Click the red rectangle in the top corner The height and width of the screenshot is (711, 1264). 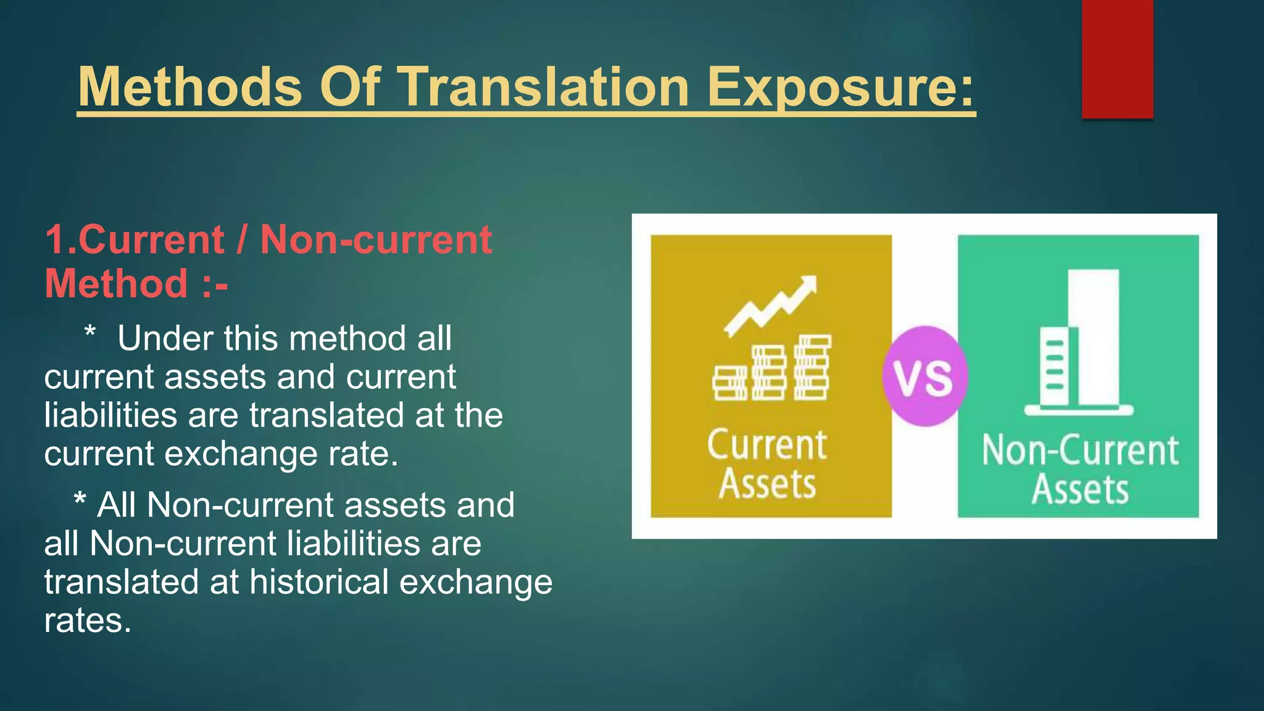[1117, 59]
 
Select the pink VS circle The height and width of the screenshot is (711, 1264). [924, 376]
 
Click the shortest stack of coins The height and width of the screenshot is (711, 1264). [730, 383]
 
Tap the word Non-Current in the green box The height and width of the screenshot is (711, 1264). [1080, 450]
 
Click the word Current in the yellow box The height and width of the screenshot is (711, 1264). [767, 445]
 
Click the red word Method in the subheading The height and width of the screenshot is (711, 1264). [116, 283]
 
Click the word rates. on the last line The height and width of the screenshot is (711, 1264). [88, 620]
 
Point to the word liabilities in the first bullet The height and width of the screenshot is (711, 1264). [110, 415]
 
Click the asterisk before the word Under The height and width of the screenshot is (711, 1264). [90, 333]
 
